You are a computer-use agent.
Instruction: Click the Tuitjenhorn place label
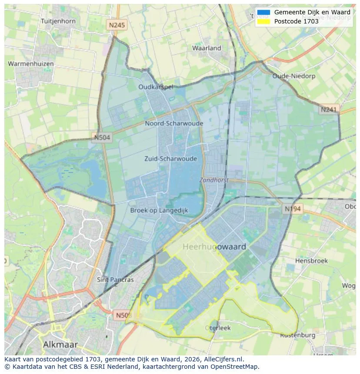click(58, 21)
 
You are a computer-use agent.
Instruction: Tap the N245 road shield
click(117, 25)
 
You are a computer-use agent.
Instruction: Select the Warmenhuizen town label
click(31, 64)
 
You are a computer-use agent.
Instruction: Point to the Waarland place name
click(207, 48)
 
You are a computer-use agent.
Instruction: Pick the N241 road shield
click(329, 110)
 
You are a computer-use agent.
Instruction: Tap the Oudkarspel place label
click(156, 87)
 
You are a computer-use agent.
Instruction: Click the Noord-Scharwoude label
click(174, 123)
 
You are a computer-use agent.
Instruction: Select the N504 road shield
click(102, 138)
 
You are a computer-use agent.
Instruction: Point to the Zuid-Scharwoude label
click(170, 159)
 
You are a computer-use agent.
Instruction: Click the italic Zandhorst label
click(214, 180)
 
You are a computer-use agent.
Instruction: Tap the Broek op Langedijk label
click(159, 210)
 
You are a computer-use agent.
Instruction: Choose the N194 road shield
click(293, 209)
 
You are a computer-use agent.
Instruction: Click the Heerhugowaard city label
click(214, 247)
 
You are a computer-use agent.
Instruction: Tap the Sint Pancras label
click(115, 280)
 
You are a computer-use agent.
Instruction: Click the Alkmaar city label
click(60, 344)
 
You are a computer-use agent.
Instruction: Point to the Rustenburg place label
click(297, 335)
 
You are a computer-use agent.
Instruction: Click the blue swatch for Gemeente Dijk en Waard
click(263, 12)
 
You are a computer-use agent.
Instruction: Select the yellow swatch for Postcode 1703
click(263, 21)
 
